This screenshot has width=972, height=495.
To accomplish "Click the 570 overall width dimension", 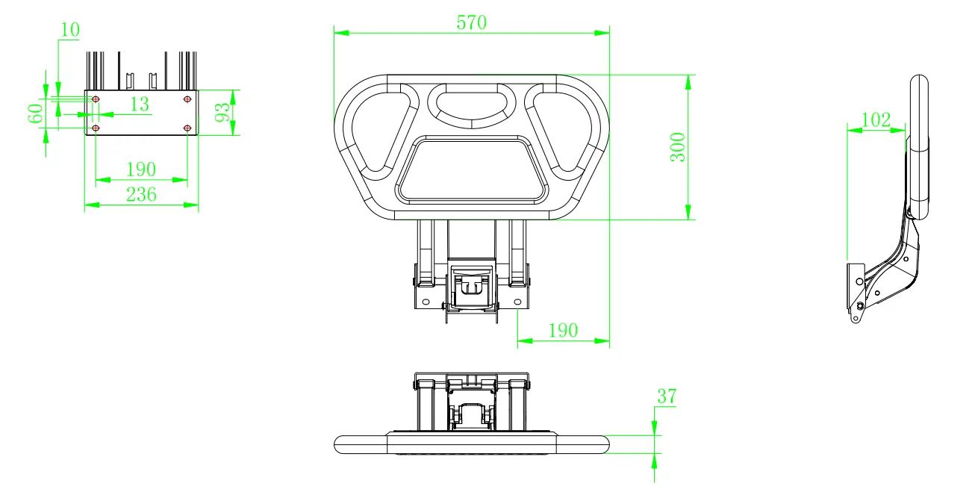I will click(x=471, y=22).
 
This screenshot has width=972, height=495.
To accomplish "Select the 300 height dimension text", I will click(x=677, y=148).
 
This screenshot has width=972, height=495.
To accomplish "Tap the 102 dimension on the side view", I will click(x=876, y=119).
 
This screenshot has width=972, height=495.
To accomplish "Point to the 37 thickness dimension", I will click(x=666, y=396).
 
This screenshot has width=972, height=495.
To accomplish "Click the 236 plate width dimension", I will click(x=140, y=194).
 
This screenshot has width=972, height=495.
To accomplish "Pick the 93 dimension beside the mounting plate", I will click(x=222, y=113).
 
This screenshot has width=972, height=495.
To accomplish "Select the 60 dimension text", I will click(x=35, y=114).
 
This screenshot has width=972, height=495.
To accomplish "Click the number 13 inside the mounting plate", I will click(x=140, y=105).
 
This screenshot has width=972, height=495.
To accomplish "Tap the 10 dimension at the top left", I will click(x=70, y=30).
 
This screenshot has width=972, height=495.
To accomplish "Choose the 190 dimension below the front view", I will click(x=563, y=330).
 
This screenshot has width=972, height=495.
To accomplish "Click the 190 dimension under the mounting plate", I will click(x=140, y=169).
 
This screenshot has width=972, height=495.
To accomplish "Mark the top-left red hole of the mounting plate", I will click(x=96, y=99).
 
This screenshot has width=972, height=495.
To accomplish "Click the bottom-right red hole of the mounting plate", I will click(x=187, y=128).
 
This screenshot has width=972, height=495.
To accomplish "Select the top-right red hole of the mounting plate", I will click(x=187, y=99).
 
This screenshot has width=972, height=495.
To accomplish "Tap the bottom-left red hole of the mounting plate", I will click(x=96, y=128).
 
